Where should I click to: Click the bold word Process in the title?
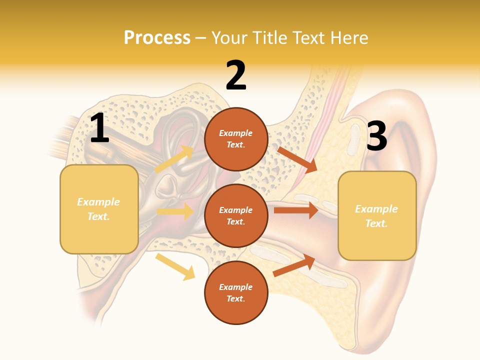click(157, 37)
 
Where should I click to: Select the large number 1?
click(99, 128)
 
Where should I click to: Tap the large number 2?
click(236, 75)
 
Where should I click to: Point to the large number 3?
click(376, 136)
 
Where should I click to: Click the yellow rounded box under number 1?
click(99, 209)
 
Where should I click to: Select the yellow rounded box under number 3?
click(377, 215)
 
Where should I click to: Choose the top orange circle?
click(236, 139)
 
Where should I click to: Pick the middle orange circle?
click(236, 215)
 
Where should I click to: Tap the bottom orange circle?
click(236, 292)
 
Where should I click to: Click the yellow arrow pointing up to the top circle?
click(174, 159)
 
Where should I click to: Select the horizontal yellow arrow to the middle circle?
click(175, 211)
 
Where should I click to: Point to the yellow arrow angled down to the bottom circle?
click(175, 266)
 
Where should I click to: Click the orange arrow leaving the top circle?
click(297, 159)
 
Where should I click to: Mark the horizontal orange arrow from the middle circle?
click(296, 210)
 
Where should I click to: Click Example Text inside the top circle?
click(236, 139)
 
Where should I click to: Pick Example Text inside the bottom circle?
click(236, 292)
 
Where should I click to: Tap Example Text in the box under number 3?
click(376, 216)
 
